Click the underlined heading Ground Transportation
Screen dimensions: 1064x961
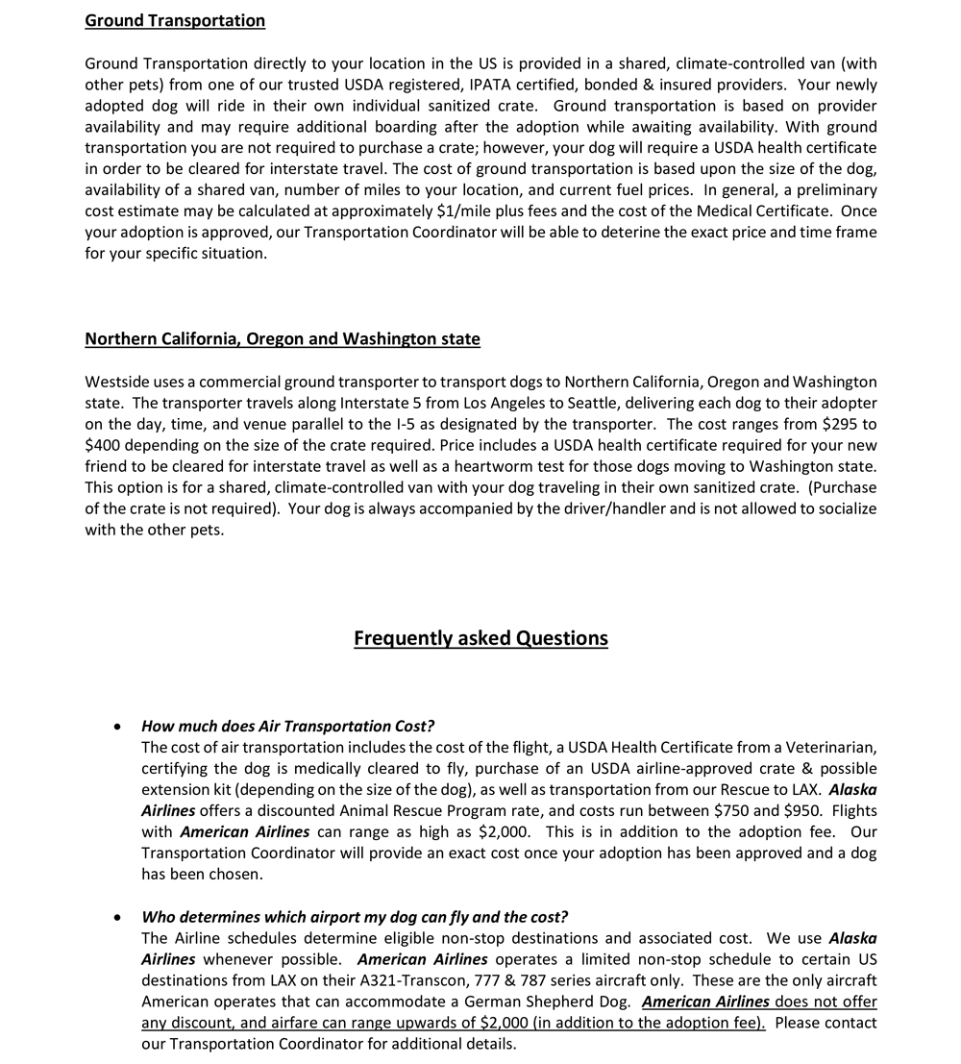pyautogui.click(x=175, y=20)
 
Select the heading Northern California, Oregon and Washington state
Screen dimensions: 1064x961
pyautogui.click(x=283, y=339)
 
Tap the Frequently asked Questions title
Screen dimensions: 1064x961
pyautogui.click(x=480, y=638)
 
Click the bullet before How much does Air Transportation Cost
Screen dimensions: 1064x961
pyautogui.click(x=117, y=727)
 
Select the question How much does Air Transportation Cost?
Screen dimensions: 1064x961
pyautogui.click(x=287, y=727)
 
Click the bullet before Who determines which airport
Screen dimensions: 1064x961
pyautogui.click(x=117, y=917)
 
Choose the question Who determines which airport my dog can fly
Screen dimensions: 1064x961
pyautogui.click(x=355, y=917)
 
